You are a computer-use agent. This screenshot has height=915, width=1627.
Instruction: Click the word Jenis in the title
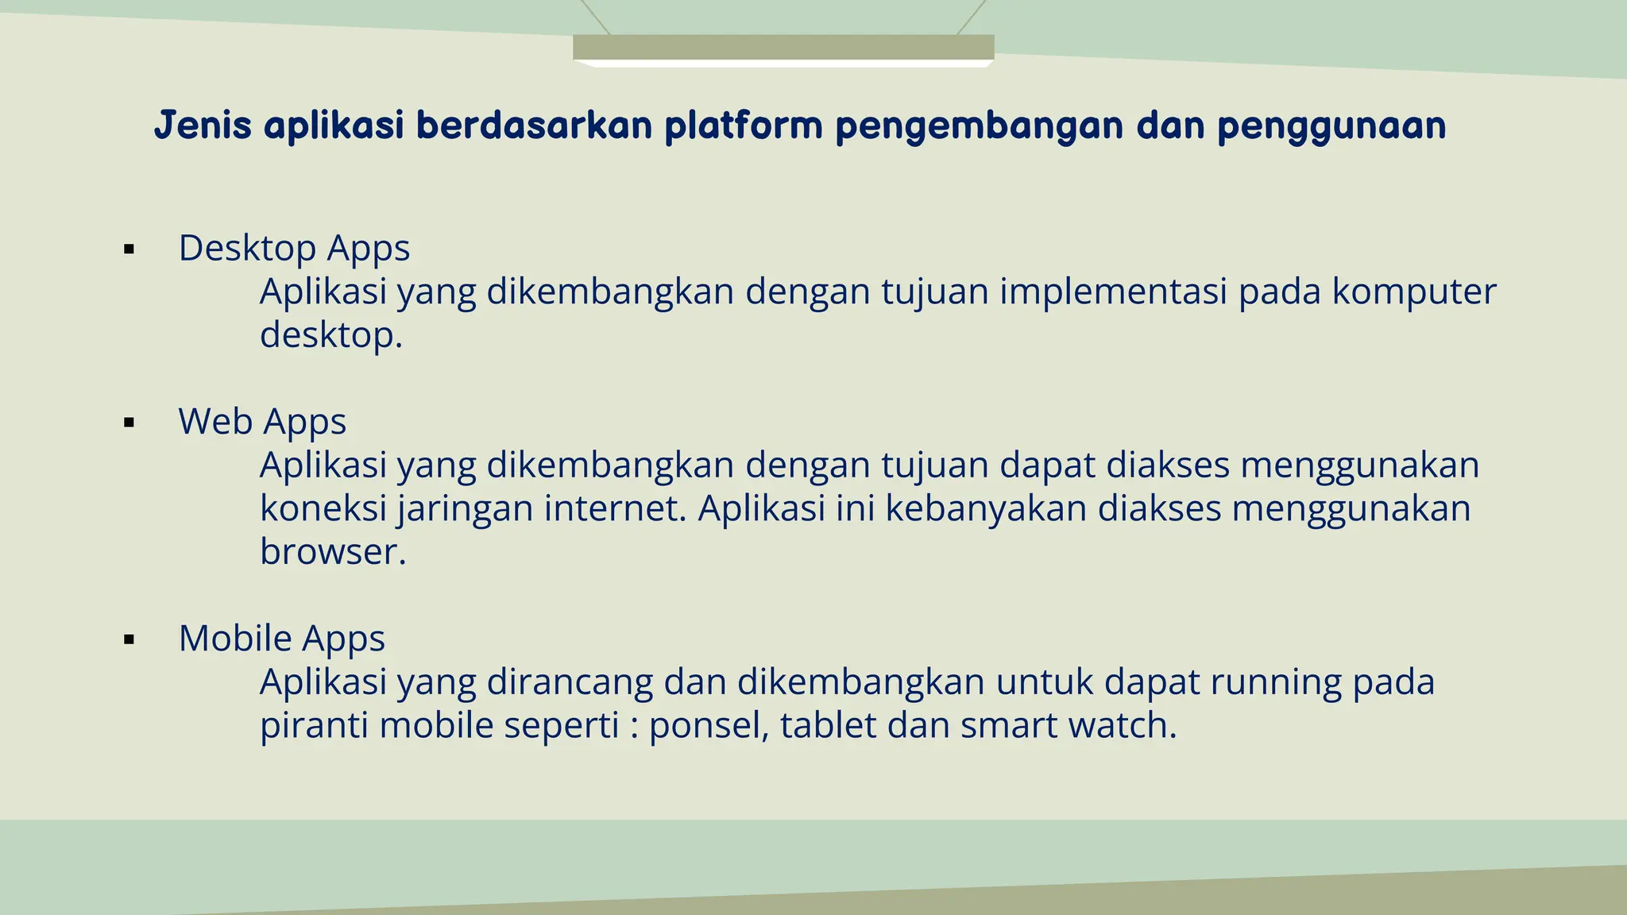pos(203,125)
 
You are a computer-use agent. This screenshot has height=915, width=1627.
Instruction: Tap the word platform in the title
pos(743,125)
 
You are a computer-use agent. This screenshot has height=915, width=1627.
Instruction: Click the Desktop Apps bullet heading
pos(294,249)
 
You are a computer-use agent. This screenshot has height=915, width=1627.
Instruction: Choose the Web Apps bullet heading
pos(262,422)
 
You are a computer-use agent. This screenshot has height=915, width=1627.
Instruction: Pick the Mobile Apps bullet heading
pos(282,639)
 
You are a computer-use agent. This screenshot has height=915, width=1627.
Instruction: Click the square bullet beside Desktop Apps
pos(129,250)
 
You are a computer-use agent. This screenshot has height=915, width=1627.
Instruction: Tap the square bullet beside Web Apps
pos(129,423)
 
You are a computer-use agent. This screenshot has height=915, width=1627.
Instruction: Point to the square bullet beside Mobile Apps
pos(129,640)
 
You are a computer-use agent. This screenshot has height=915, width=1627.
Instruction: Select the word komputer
pos(1414,291)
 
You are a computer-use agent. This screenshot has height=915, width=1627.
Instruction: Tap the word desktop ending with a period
pos(331,335)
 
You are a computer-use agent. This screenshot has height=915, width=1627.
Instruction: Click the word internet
pos(615,508)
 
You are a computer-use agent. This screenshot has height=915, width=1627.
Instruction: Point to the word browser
pos(333,552)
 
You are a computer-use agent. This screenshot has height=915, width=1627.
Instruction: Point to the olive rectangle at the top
pos(783,47)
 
